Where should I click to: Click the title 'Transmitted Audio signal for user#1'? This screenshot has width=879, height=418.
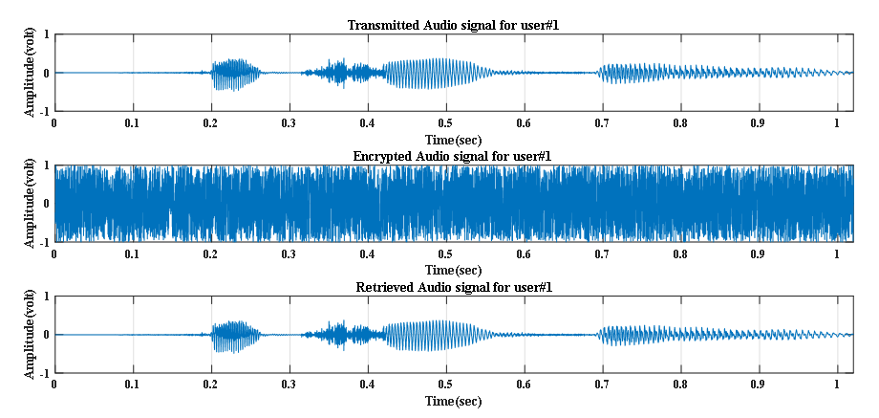(453, 25)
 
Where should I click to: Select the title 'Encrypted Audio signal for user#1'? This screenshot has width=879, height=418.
(453, 156)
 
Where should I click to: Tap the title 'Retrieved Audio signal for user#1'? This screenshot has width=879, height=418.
(453, 287)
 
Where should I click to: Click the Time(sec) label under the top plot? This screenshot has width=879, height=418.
(453, 139)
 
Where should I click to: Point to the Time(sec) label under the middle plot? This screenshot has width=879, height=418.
(453, 270)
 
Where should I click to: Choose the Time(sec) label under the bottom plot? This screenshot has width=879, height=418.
(453, 401)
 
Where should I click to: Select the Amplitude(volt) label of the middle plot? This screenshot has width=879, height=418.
(30, 204)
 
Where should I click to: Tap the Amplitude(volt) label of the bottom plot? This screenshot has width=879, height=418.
(30, 335)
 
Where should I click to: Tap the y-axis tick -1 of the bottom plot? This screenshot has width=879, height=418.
(44, 373)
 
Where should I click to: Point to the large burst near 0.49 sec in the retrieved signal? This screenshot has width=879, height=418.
(439, 335)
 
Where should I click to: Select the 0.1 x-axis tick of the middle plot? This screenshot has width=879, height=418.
(132, 254)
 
